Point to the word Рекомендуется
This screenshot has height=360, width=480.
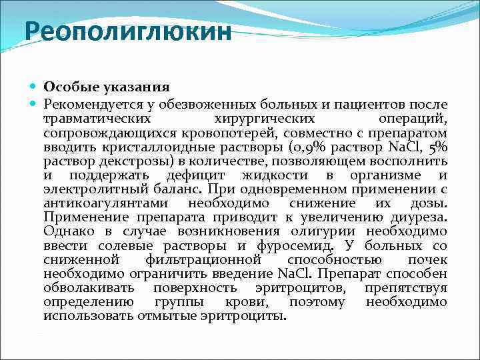(x=87, y=105)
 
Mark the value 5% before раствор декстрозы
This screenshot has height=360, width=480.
(x=437, y=147)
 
